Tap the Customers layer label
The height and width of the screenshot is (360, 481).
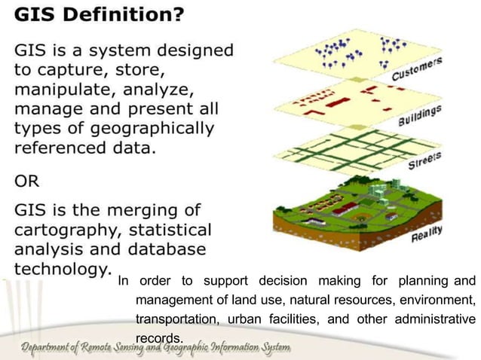click(416, 69)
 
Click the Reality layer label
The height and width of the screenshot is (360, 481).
click(426, 234)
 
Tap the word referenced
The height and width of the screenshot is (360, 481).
click(61, 148)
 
